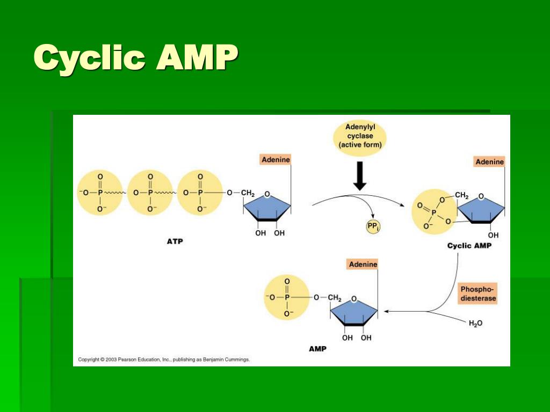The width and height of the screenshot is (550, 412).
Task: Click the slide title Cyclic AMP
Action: (136, 58)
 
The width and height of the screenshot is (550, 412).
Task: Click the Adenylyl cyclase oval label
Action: (359, 137)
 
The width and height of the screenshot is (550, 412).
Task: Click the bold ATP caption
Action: (175, 241)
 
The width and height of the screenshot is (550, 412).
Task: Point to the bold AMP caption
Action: (317, 349)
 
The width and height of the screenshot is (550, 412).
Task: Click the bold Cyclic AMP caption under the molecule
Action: (469, 246)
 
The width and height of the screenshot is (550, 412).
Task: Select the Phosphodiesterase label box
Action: (477, 293)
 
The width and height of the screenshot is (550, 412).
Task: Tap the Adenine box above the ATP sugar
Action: (275, 160)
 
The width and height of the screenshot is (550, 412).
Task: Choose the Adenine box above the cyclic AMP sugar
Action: (489, 161)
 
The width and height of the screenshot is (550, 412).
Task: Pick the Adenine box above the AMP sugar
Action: (363, 264)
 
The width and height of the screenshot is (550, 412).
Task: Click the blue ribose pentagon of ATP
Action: (267, 206)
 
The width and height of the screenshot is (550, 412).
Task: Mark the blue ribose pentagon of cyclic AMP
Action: (481, 208)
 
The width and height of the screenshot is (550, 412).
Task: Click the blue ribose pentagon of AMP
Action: (353, 311)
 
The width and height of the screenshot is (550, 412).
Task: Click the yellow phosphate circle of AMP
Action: (287, 297)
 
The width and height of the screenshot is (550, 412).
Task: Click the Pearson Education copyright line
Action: (164, 359)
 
